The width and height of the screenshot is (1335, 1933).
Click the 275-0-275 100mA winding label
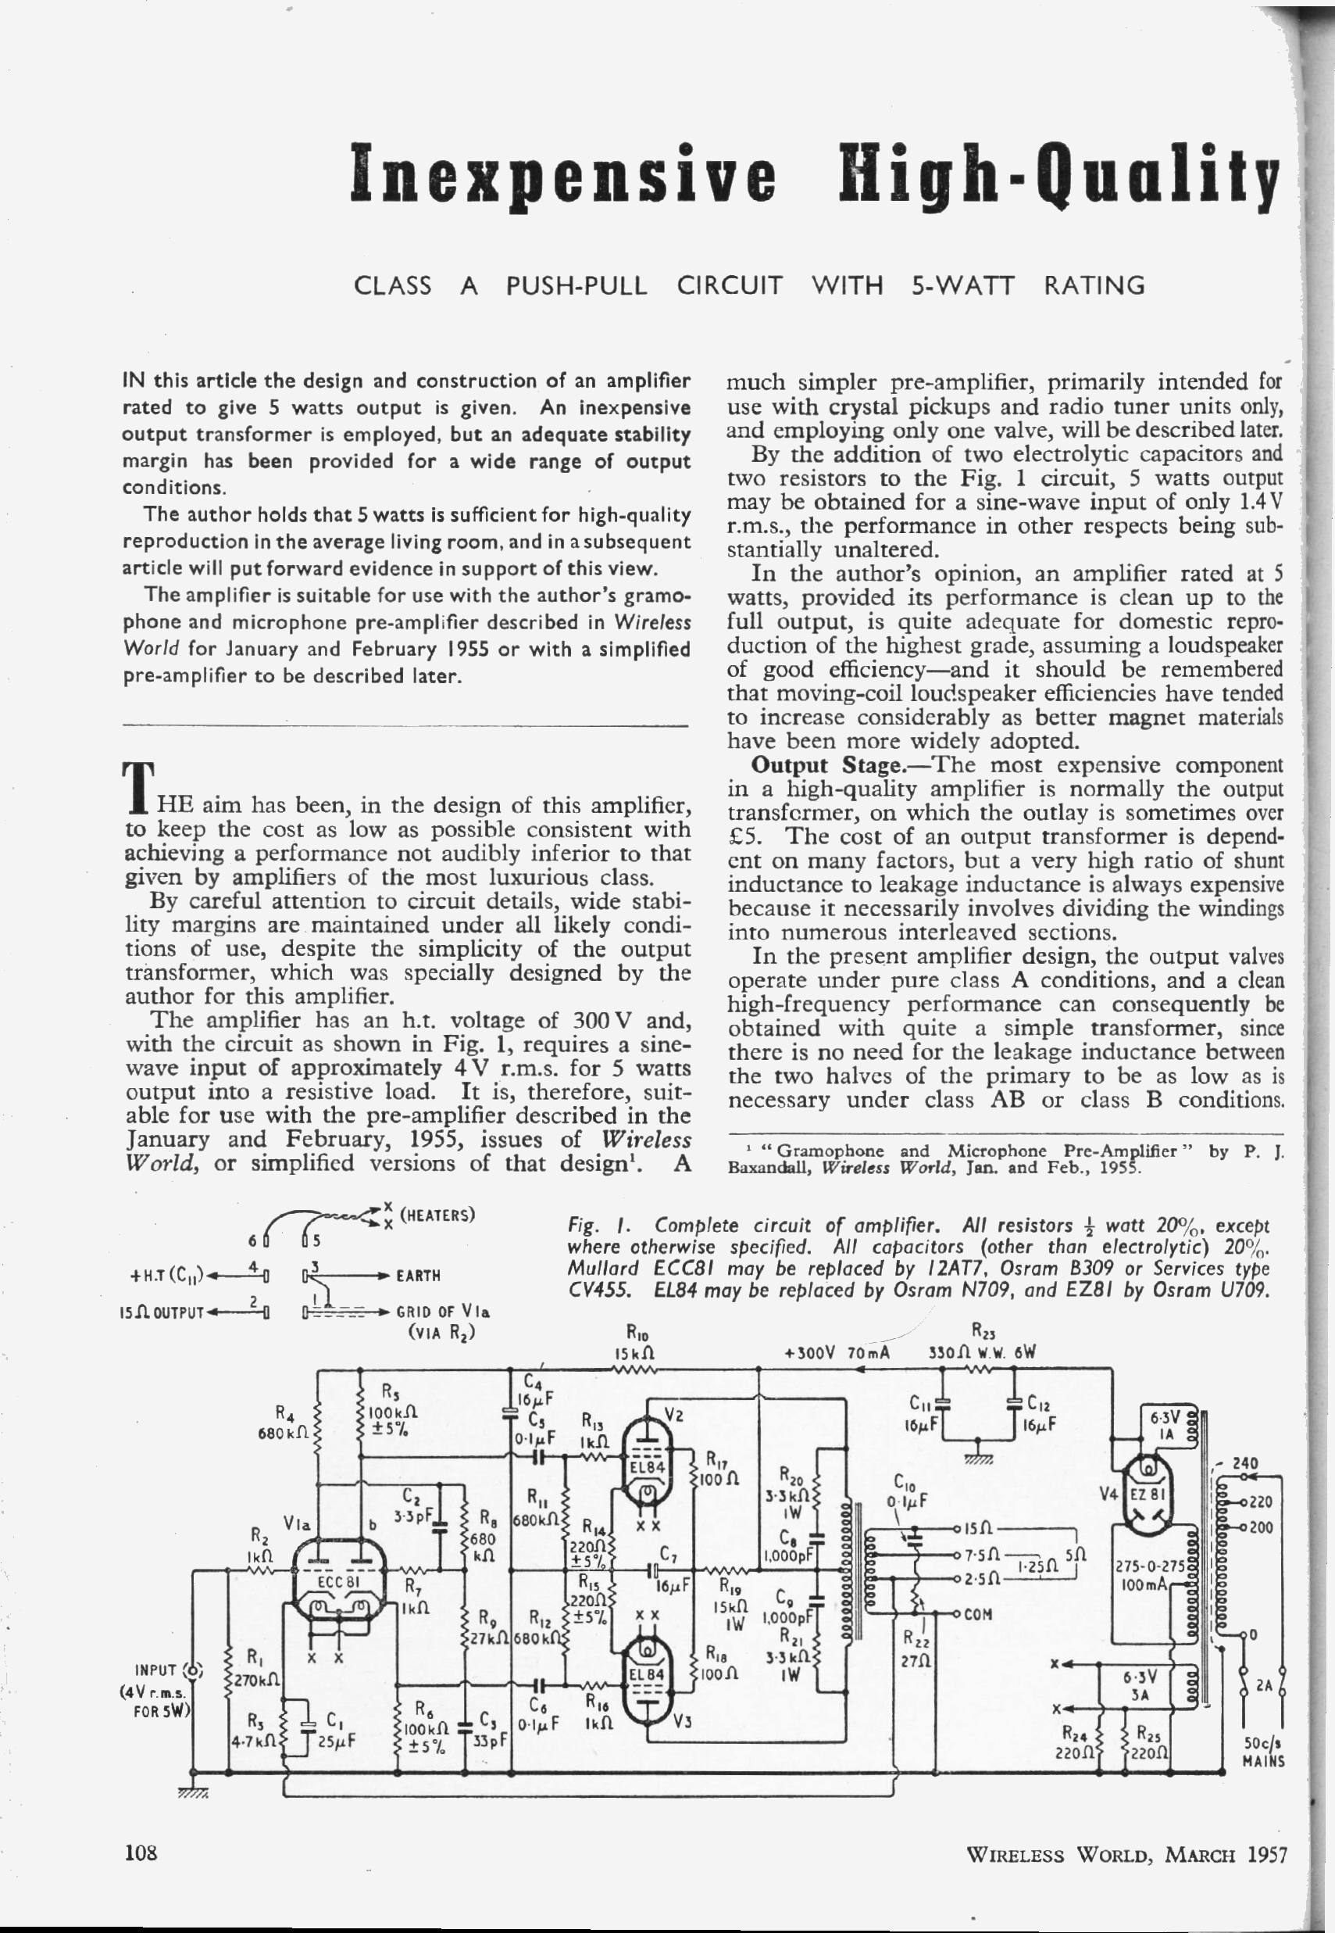click(x=1148, y=1577)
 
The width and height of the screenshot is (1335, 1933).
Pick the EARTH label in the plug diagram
click(x=418, y=1276)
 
